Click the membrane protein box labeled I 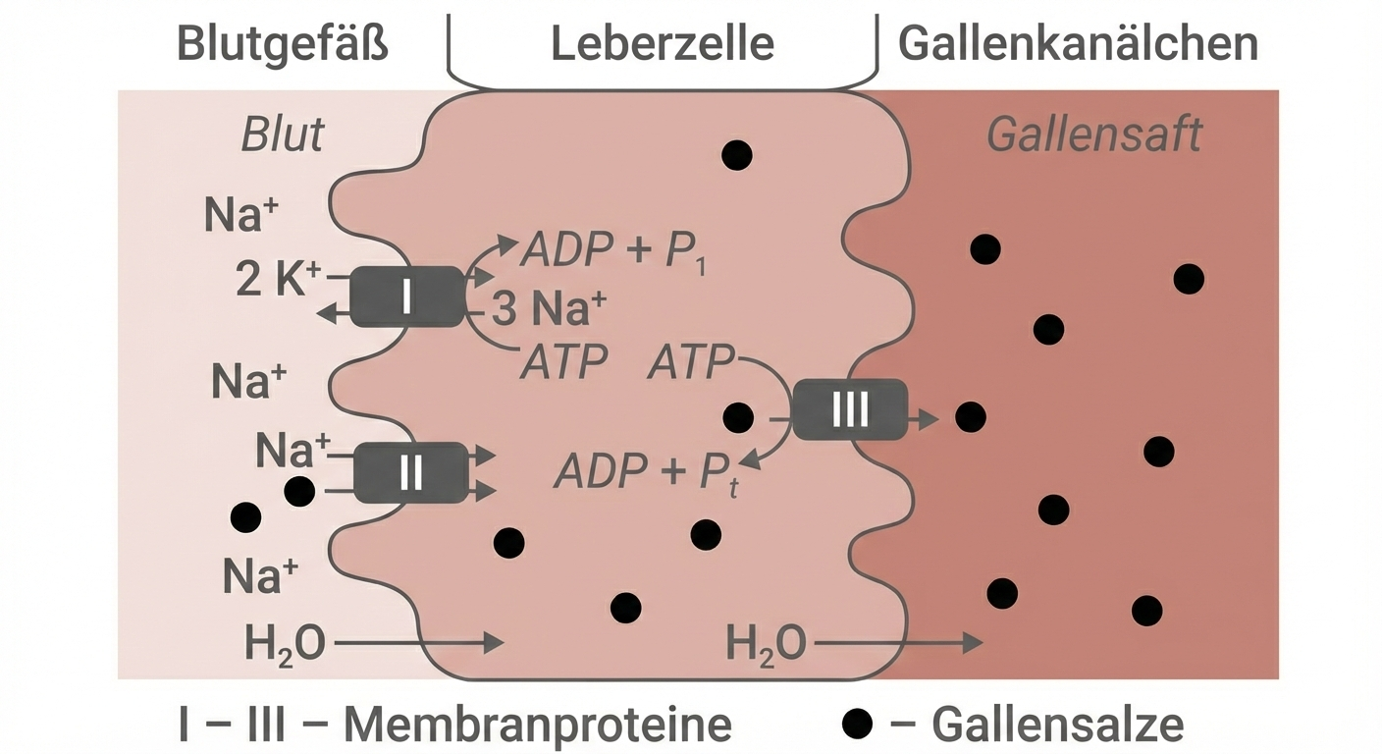[406, 296]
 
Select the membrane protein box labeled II [410, 473]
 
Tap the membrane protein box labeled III [849, 408]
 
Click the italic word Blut [283, 135]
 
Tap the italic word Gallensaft [1093, 135]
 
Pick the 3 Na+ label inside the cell [548, 310]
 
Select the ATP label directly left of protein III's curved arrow [690, 364]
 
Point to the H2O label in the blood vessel [286, 646]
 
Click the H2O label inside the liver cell [766, 646]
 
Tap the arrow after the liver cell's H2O [897, 644]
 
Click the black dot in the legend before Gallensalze [858, 726]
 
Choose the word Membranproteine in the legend [537, 726]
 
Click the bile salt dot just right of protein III [970, 417]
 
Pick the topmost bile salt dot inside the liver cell [736, 154]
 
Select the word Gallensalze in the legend [1057, 726]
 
